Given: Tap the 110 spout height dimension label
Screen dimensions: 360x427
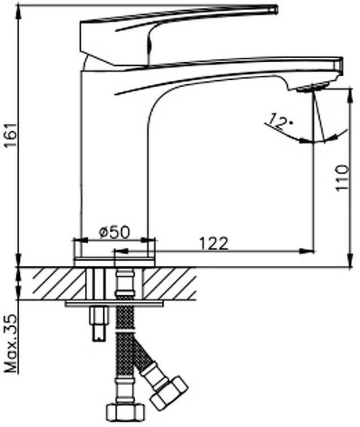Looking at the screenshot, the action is (342, 178).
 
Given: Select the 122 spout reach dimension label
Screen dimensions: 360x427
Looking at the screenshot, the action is (213, 244).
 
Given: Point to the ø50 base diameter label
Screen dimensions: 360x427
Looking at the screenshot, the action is (114, 232).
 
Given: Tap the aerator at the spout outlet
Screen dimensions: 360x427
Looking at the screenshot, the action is (311, 88).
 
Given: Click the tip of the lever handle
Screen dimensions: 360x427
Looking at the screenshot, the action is (276, 10).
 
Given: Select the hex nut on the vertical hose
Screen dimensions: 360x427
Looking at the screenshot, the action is (125, 412).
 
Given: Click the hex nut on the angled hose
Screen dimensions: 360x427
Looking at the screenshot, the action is (169, 392).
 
